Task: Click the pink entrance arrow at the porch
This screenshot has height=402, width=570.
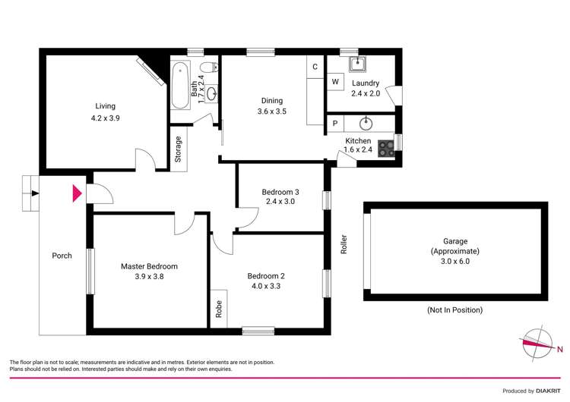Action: pyautogui.click(x=76, y=193)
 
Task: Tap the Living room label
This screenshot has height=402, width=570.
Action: pyautogui.click(x=105, y=106)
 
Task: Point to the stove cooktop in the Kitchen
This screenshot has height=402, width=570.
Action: pyautogui.click(x=387, y=147)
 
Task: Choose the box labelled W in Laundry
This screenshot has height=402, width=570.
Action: pyautogui.click(x=334, y=82)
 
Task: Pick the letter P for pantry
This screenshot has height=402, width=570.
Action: pyautogui.click(x=334, y=123)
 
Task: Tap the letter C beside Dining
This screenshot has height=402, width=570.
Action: pyautogui.click(x=315, y=67)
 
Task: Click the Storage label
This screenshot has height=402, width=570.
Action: pyautogui.click(x=179, y=149)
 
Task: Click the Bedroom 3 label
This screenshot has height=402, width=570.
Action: pyautogui.click(x=278, y=191)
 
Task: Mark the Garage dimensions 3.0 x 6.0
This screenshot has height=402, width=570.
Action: pyautogui.click(x=455, y=261)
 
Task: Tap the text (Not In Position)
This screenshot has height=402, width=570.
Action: pyautogui.click(x=455, y=309)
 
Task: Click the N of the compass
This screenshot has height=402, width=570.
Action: pyautogui.click(x=560, y=350)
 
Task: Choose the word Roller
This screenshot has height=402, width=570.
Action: pyautogui.click(x=344, y=243)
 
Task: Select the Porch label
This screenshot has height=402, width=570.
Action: pyautogui.click(x=62, y=256)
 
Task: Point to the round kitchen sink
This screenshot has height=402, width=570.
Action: pyautogui.click(x=366, y=122)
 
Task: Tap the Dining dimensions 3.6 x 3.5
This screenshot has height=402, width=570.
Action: pyautogui.click(x=271, y=112)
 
